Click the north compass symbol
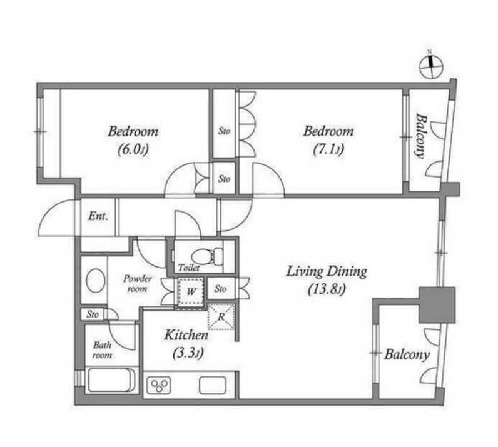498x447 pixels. (x=431, y=67)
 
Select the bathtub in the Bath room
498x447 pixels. (x=111, y=380)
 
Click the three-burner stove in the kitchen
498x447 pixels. (x=158, y=385)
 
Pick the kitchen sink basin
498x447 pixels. (x=213, y=385)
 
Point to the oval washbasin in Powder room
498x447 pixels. (x=96, y=281)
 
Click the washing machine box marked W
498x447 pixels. (x=190, y=292)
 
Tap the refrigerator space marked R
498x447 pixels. (x=221, y=316)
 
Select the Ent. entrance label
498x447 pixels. (x=98, y=216)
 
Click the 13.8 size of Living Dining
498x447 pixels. (x=327, y=289)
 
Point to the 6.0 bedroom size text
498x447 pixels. (x=133, y=149)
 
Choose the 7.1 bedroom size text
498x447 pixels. (x=328, y=149)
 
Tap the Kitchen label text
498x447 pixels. (x=186, y=335)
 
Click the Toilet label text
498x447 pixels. (x=189, y=268)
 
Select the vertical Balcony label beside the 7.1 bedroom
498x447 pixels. (x=421, y=136)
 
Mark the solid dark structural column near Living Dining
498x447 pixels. (x=437, y=305)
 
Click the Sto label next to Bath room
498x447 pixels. (x=93, y=314)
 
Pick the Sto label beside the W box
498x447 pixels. (x=220, y=289)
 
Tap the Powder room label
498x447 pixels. (x=137, y=283)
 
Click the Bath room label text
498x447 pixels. (x=102, y=350)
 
